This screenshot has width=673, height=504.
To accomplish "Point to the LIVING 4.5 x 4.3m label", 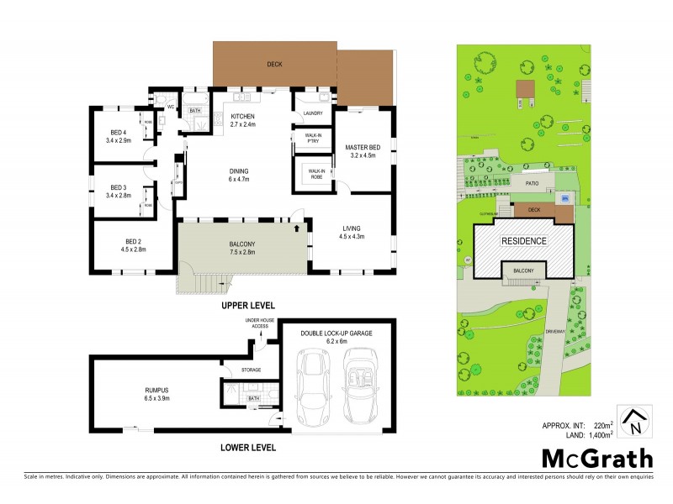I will pyautogui.click(x=352, y=232).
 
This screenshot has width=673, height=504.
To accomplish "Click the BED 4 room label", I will pyautogui.click(x=118, y=135).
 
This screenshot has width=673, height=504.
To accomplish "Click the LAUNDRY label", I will pyautogui.click(x=313, y=113).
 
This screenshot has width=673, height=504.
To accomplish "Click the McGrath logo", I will pyautogui.click(x=596, y=459).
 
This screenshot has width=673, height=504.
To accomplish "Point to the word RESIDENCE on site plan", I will pyautogui.click(x=524, y=241).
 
